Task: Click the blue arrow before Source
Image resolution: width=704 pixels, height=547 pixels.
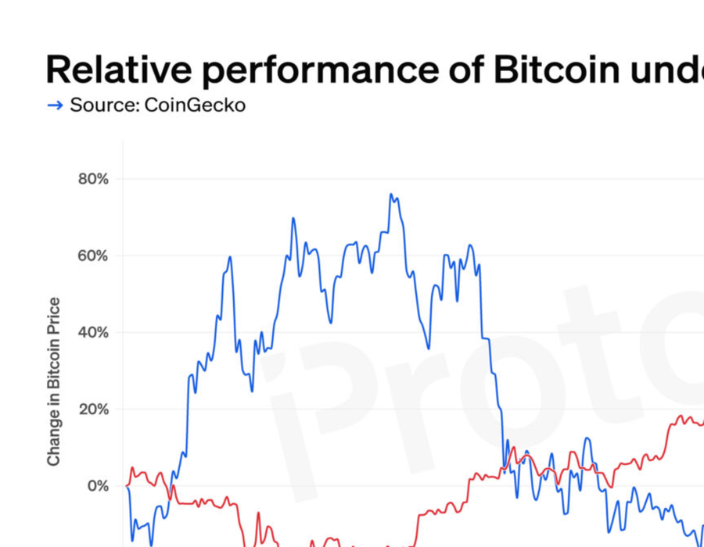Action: tap(55, 105)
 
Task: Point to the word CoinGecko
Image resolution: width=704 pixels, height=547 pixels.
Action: tap(195, 105)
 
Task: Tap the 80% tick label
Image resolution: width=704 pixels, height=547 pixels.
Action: tap(93, 179)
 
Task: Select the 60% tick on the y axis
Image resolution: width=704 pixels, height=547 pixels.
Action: tap(93, 256)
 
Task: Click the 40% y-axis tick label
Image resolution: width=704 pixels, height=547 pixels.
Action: tap(93, 332)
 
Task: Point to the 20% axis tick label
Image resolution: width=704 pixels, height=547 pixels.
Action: tap(93, 409)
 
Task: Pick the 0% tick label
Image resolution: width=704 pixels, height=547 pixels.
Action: tap(98, 485)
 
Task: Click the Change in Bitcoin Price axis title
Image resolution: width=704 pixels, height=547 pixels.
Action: tap(54, 382)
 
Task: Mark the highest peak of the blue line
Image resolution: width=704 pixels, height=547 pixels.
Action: tap(391, 195)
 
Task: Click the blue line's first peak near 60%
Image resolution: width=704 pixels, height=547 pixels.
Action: tap(230, 257)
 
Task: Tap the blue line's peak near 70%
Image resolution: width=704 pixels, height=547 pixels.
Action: tap(293, 219)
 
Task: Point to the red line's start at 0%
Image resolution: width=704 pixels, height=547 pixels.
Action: tap(127, 485)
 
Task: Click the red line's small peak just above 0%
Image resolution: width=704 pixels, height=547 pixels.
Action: tap(132, 468)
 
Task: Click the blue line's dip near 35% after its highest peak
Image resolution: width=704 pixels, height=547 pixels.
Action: tap(428, 348)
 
